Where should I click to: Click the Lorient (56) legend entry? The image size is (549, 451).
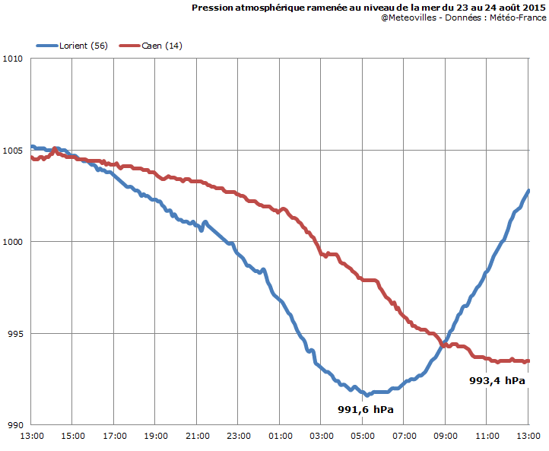(x=84, y=46)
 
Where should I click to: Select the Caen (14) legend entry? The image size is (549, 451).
(x=161, y=46)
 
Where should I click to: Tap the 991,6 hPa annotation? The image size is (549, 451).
(x=371, y=409)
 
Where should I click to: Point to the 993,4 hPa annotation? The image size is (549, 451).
(x=498, y=380)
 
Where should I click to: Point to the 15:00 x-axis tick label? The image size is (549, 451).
(x=72, y=436)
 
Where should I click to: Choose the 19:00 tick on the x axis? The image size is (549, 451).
(x=155, y=436)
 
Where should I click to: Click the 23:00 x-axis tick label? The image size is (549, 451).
(x=238, y=436)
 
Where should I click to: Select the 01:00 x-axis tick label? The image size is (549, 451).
(x=280, y=436)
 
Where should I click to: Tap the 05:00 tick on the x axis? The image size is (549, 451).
(x=363, y=436)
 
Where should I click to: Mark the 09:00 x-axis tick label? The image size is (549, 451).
(x=446, y=436)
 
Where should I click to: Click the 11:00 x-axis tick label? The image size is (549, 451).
(x=487, y=436)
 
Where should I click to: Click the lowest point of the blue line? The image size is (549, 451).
(x=367, y=395)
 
